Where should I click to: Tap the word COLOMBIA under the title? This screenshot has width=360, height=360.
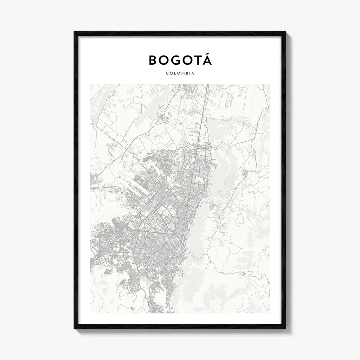[x=180, y=74]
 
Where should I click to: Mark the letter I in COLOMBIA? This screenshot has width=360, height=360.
[x=190, y=74]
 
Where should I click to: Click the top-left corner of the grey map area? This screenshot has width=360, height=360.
[x=91, y=84]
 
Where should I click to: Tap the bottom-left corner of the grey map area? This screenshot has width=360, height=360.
[x=91, y=313]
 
